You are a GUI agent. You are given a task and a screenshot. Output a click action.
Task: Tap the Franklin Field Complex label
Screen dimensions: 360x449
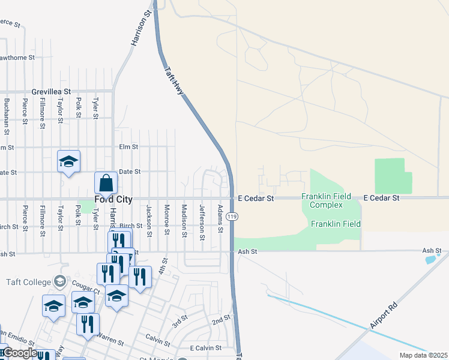[322, 200]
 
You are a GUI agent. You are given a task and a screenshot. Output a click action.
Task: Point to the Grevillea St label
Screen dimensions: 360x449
[52, 91]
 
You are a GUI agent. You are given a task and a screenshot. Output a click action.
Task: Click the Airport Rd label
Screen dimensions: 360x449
[384, 315]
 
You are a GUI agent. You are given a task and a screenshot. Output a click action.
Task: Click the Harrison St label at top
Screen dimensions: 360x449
[140, 28]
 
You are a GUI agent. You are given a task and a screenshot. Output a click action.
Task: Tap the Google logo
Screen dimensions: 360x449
[19, 353]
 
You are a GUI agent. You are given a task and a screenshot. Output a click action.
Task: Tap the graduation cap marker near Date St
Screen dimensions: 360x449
[69, 161]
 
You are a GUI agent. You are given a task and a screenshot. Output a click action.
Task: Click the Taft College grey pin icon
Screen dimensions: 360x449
[59, 280]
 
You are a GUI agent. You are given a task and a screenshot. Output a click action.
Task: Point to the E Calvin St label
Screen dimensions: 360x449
[206, 348]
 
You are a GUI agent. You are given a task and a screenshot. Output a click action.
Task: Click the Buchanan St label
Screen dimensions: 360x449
[7, 116]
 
